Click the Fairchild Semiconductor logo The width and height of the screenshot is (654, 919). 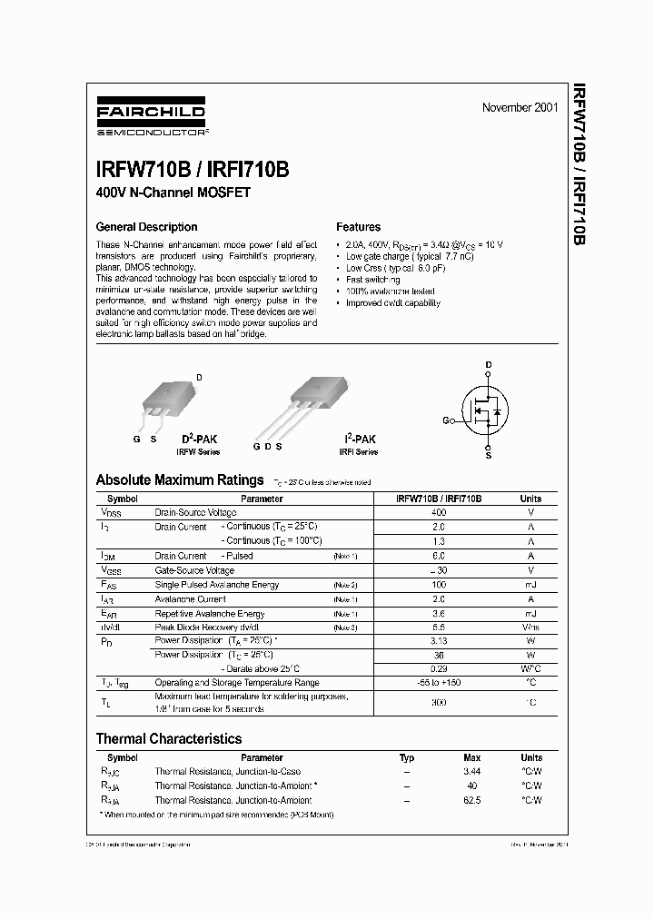[152, 117]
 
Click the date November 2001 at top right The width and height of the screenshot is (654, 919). [520, 107]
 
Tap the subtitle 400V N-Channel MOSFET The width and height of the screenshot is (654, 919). [173, 193]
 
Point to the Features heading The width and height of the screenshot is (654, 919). [358, 227]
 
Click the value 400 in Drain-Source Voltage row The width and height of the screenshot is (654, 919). [439, 512]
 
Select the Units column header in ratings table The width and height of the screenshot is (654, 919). [530, 499]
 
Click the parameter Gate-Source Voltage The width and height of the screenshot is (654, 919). [194, 570]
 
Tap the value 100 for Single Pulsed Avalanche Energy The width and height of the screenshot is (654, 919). [439, 585]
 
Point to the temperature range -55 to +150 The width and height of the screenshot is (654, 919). [439, 682]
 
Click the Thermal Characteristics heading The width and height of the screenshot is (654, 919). [169, 738]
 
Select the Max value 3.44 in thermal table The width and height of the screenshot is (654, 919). [471, 771]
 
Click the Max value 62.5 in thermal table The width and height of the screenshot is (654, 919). [471, 800]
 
